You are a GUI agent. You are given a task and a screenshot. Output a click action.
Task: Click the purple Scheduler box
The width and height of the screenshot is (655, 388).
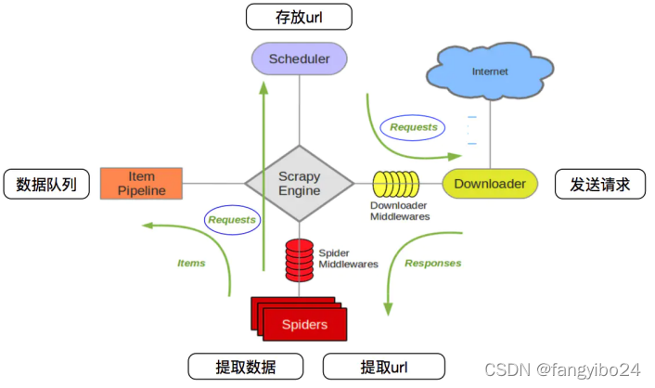tap(299, 59)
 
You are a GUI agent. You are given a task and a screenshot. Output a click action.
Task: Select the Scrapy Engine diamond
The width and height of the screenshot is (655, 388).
tap(299, 183)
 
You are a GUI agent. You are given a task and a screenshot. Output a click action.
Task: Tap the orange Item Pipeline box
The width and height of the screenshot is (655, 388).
tap(142, 183)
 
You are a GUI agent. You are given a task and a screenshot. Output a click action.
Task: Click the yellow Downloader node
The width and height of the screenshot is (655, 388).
tap(490, 184)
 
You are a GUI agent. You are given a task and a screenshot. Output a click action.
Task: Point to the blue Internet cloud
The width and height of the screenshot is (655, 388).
tap(490, 71)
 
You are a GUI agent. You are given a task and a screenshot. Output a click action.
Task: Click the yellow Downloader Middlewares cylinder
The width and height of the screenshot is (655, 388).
tap(398, 184)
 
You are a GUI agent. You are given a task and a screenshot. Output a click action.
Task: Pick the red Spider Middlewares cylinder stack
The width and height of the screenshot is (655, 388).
tap(299, 257)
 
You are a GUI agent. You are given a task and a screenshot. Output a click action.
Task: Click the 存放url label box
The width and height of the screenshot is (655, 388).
tap(299, 16)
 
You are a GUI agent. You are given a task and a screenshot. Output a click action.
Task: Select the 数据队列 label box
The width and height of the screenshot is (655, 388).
tap(46, 185)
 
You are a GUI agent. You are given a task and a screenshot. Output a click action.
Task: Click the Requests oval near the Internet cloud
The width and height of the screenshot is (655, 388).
tap(413, 126)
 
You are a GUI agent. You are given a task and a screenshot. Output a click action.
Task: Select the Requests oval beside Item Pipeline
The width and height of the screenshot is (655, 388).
tap(231, 220)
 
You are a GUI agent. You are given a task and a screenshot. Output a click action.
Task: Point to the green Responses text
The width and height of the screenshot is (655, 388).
tap(432, 263)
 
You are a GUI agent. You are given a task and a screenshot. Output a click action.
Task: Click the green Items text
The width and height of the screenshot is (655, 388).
tap(191, 263)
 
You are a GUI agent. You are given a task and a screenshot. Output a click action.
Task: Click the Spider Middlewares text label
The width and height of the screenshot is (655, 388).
tap(348, 257)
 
